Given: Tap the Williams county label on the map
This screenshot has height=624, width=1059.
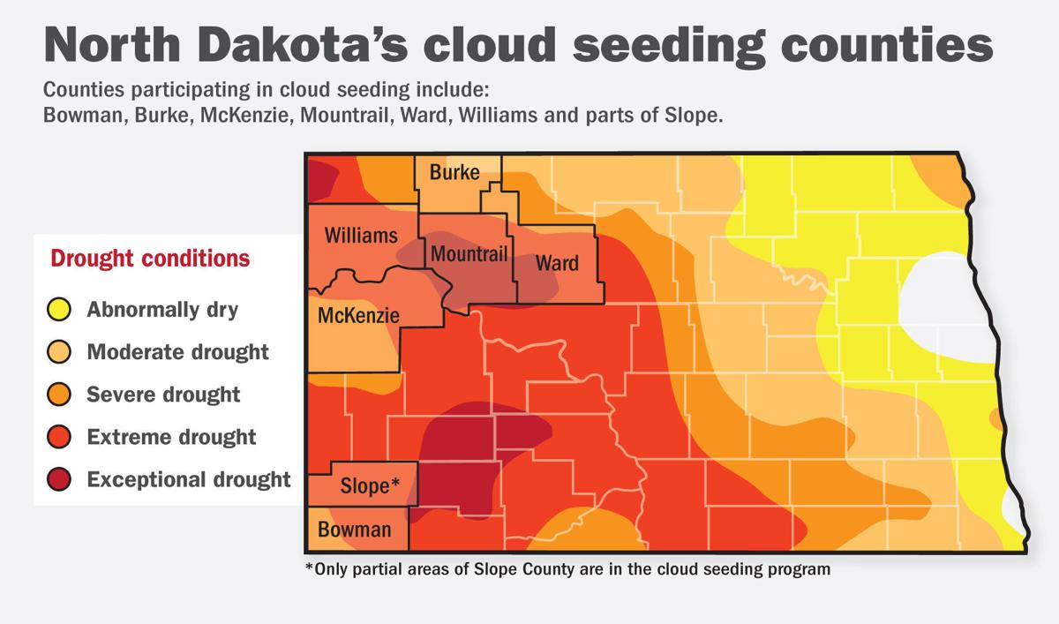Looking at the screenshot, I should point(360,236).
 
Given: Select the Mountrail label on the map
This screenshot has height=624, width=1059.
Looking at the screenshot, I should point(469,255).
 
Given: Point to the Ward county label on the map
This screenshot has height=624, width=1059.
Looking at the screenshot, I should point(558,263).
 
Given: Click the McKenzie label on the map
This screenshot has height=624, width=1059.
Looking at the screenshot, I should point(357,315).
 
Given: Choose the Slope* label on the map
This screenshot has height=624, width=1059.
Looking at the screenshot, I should point(371,485).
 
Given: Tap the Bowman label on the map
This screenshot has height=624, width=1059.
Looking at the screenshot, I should point(354,530).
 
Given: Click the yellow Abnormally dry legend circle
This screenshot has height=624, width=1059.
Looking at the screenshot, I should point(59,310).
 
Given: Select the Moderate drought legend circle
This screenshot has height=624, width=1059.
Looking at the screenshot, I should point(59,352).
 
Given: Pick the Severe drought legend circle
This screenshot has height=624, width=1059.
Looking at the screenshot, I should point(59,395).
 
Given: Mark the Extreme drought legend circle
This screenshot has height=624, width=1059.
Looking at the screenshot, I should point(59,437).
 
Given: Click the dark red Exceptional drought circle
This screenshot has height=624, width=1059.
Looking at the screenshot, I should point(59,479).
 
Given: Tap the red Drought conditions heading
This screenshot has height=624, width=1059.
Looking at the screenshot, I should point(150,259).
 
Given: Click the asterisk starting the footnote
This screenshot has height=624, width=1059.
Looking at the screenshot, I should point(309,568).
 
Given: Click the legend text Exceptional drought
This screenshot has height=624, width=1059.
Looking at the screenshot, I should point(189,479).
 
